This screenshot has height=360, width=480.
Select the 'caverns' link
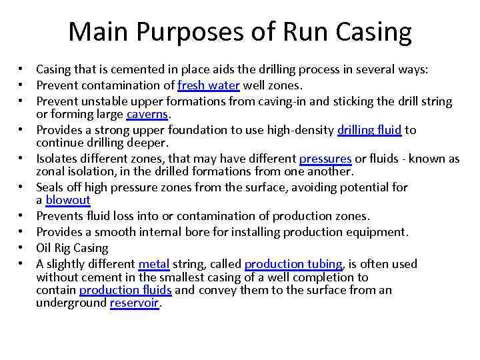[148, 115]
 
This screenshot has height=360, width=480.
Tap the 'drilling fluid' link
[369, 130]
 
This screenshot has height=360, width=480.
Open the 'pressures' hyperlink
[325, 159]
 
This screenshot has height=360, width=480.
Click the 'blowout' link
[68, 200]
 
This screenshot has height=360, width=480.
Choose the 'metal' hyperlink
[154, 264]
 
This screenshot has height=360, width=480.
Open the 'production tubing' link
[293, 264]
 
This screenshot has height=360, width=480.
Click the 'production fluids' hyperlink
[125, 290]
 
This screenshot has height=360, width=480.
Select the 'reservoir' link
[135, 303]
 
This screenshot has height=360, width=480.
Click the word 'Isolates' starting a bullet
[57, 159]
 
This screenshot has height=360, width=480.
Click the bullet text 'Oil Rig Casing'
[72, 248]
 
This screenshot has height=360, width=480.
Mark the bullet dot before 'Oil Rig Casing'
[22, 248]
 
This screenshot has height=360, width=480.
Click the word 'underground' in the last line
[71, 303]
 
